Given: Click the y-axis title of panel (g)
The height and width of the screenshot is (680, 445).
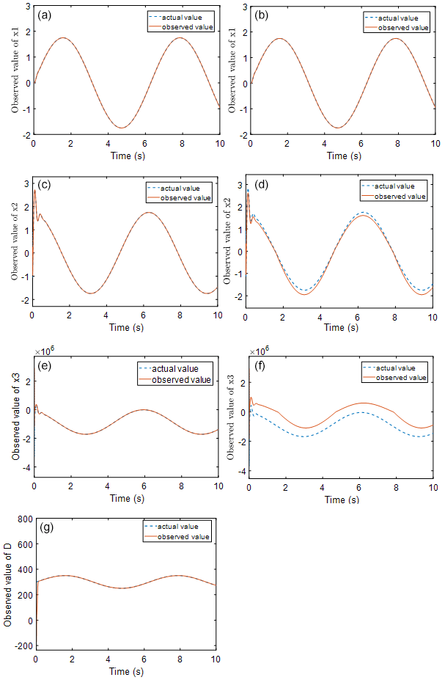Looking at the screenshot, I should click(x=8, y=585).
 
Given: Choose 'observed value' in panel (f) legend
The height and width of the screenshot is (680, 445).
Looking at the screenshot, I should click(x=400, y=377).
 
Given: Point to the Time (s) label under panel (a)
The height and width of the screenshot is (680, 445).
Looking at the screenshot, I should click(x=125, y=156).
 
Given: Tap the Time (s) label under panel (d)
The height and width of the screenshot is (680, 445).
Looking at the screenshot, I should click(x=339, y=327).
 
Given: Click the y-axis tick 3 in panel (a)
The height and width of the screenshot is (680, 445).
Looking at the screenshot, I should click(x=27, y=5).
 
